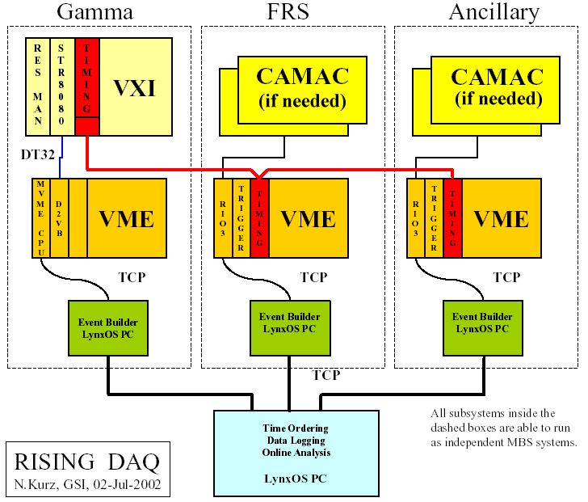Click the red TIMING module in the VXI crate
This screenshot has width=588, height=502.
click(x=86, y=77)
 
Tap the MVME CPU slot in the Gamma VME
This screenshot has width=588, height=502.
click(x=41, y=217)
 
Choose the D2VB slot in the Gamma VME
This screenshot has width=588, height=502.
click(x=60, y=217)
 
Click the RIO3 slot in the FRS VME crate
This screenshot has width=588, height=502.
click(x=223, y=217)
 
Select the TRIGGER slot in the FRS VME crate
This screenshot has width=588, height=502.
click(x=241, y=217)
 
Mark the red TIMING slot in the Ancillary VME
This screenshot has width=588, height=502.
click(x=453, y=217)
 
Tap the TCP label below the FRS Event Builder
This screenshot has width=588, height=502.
click(x=326, y=375)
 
